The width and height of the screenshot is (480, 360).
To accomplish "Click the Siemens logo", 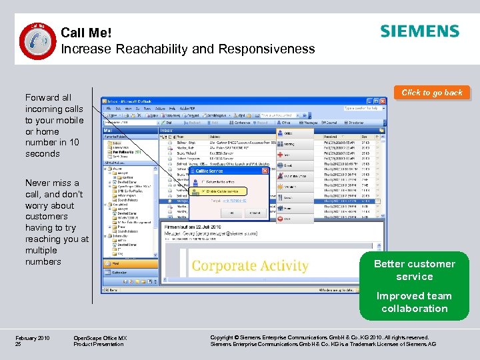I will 419,31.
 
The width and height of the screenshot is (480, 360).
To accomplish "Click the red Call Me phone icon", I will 33,40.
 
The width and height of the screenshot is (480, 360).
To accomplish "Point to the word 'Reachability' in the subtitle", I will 154,49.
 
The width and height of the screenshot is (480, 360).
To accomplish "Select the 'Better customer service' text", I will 414,270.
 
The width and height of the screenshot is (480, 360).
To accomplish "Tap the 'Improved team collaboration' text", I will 414,302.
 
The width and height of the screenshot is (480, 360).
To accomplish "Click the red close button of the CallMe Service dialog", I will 264,171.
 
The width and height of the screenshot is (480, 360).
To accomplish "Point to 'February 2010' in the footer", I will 32,338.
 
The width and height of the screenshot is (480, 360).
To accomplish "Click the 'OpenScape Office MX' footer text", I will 100,338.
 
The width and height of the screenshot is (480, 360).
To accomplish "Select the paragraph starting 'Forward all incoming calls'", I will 54,125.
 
